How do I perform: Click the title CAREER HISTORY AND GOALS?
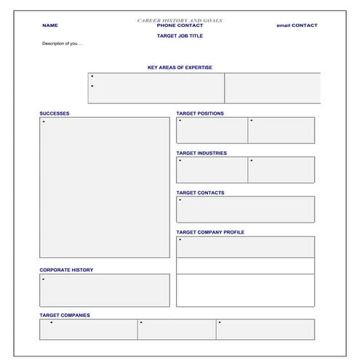pyautogui.click(x=180, y=20)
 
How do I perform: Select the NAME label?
pyautogui.click(x=49, y=25)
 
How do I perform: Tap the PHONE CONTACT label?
pyautogui.click(x=180, y=25)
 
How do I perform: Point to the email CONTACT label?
pyautogui.click(x=297, y=25)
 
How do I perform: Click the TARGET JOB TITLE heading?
pyautogui.click(x=180, y=35)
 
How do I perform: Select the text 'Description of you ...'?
pyautogui.click(x=63, y=44)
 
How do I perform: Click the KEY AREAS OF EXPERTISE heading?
pyautogui.click(x=180, y=68)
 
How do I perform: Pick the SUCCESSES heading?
pyautogui.click(x=55, y=113)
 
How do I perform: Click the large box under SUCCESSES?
pyautogui.click(x=105, y=188)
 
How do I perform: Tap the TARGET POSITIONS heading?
pyautogui.click(x=200, y=113)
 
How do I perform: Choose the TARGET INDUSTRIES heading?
pyautogui.click(x=201, y=153)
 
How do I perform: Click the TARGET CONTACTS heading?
pyautogui.click(x=200, y=193)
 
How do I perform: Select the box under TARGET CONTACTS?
pyautogui.click(x=245, y=209)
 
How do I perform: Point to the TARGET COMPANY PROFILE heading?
pyautogui.click(x=210, y=232)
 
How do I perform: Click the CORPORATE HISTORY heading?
pyautogui.click(x=66, y=270)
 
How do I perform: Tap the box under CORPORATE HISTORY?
pyautogui.click(x=105, y=290)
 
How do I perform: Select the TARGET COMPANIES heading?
pyautogui.click(x=65, y=315)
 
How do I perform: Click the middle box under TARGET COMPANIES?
pyautogui.click(x=177, y=329)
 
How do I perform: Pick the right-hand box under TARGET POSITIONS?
pyautogui.click(x=281, y=130)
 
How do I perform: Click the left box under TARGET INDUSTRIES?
pyautogui.click(x=212, y=170)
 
